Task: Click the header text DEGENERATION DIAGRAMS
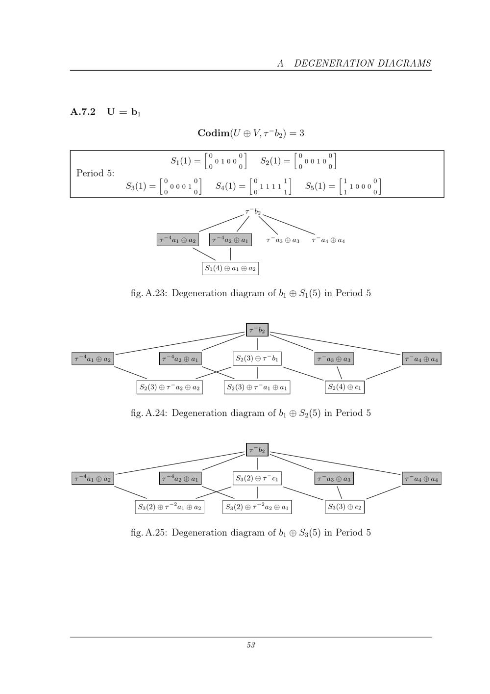[363, 63]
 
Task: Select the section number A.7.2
[83, 111]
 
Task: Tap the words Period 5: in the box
[96, 173]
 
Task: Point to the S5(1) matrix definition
[343, 186]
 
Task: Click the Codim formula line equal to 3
[251, 133]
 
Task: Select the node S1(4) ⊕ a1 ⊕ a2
[231, 269]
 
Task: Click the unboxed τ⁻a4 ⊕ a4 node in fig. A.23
[328, 240]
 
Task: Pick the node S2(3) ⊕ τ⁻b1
[257, 359]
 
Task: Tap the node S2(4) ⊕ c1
[344, 387]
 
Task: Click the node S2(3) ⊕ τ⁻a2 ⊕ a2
[170, 387]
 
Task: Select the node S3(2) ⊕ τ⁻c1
[257, 478]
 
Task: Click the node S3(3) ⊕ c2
[344, 507]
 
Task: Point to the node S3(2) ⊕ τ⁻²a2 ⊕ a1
[257, 507]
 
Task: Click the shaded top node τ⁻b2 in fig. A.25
[257, 450]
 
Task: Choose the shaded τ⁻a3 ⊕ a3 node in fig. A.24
[334, 359]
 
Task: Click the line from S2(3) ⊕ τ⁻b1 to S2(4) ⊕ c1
[303, 374]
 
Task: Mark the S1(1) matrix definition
[209, 161]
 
